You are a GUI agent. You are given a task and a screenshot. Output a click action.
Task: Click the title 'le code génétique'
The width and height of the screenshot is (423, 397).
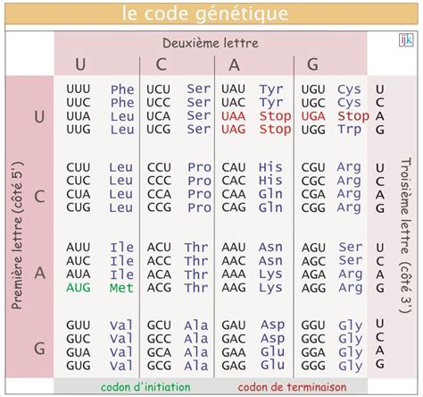211,13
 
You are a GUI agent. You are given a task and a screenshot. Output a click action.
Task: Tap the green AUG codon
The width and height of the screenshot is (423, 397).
79,288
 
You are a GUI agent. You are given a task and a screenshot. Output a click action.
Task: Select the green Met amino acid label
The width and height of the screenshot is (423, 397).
120,288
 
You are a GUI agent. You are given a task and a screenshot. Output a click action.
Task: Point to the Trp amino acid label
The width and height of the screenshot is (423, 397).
349,130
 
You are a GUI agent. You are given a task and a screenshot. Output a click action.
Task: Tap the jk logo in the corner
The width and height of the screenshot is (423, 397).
405,40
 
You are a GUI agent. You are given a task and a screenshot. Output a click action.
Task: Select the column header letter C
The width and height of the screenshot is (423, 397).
162,64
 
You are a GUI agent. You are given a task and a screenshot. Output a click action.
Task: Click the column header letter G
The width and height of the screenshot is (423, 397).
312,64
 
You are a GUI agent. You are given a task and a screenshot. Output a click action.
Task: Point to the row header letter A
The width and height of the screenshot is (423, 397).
38,274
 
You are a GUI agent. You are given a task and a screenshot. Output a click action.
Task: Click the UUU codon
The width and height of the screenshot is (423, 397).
79,89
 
